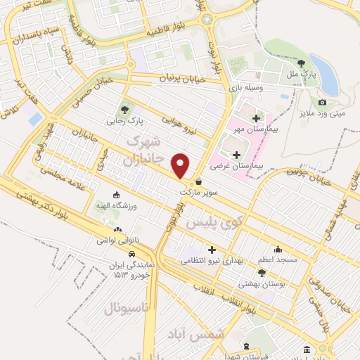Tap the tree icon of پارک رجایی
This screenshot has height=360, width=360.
[x=125, y=110]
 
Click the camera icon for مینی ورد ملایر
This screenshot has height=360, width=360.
[x=322, y=103]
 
